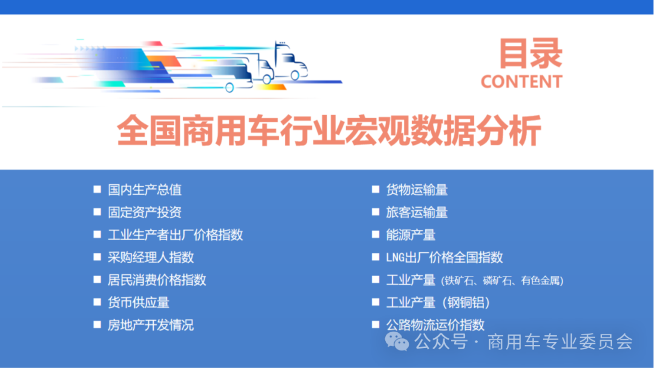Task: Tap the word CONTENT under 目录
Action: (521, 82)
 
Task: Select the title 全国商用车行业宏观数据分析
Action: (328, 131)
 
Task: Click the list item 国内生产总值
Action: (145, 190)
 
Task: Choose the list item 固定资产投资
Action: (145, 212)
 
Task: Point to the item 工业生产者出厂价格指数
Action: (175, 235)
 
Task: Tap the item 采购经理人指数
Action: (151, 257)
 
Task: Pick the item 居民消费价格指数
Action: (157, 279)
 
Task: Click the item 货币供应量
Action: (139, 302)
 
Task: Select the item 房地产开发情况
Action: (151, 325)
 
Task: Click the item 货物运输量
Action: (417, 190)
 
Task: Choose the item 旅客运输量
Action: (417, 212)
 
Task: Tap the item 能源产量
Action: (411, 235)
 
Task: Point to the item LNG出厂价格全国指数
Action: (444, 257)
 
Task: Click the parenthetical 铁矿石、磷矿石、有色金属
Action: (503, 280)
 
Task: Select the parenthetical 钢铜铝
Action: (466, 303)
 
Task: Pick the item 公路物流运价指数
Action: (435, 324)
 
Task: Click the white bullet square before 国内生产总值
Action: (97, 189)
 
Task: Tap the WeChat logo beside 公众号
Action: (397, 342)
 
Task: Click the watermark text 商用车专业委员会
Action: (560, 342)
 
